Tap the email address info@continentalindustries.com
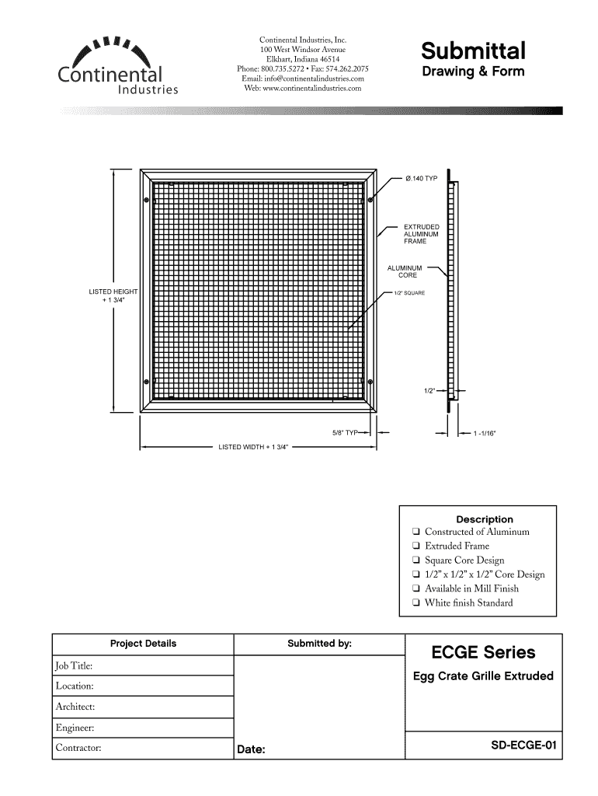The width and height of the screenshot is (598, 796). tap(303, 79)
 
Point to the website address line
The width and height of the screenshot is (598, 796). tap(303, 89)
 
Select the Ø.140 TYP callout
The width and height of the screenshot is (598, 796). tap(422, 179)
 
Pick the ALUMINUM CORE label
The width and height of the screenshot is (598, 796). tap(407, 271)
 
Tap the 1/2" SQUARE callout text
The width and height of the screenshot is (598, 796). tap(409, 292)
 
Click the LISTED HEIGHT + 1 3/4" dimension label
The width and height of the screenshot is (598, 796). tap(113, 295)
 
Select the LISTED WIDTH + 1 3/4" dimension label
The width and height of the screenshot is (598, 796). tap(253, 448)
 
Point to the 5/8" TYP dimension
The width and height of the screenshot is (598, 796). tap(343, 432)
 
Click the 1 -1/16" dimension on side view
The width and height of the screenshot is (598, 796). tap(484, 432)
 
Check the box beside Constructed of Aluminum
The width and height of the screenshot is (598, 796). tap(417, 532)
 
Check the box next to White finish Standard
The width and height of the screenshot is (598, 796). tap(417, 602)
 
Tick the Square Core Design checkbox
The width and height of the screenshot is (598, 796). tap(417, 560)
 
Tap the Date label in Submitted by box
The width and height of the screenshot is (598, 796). tap(252, 750)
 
